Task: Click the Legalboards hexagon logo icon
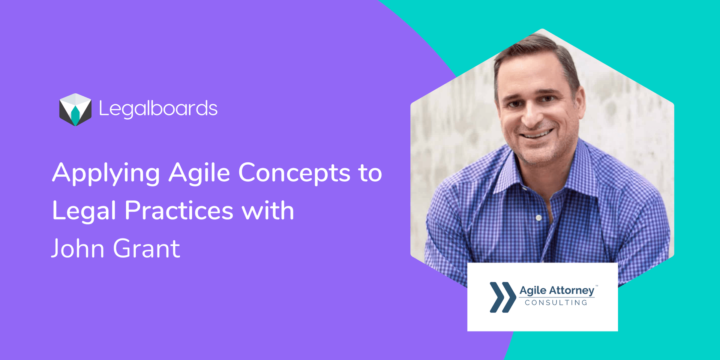click(75, 109)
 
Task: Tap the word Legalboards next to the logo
click(158, 109)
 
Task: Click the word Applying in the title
click(106, 173)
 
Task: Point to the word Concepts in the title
click(294, 173)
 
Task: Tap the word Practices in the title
click(179, 211)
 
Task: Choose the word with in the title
click(268, 211)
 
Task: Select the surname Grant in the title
click(147, 249)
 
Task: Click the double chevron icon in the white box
click(502, 297)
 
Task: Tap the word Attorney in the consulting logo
click(572, 291)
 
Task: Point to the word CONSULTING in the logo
click(556, 303)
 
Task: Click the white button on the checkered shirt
click(538, 217)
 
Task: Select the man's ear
click(581, 101)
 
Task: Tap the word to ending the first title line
click(370, 173)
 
